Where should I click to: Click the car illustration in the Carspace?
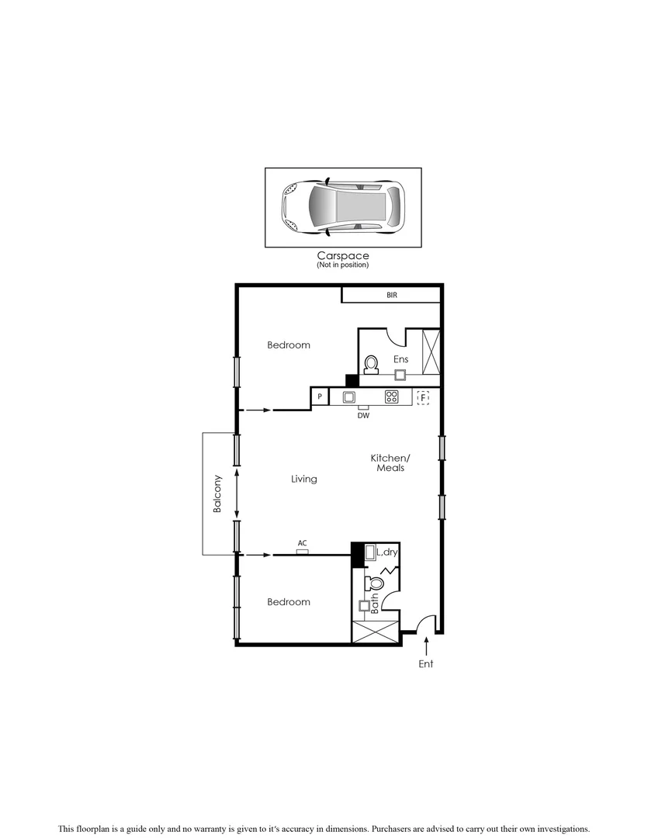[x=343, y=207]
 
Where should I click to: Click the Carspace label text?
[x=342, y=255]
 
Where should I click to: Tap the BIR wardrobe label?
[x=392, y=296]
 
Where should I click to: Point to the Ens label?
[x=400, y=359]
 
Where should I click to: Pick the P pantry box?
[x=320, y=397]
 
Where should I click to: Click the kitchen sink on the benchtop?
[x=349, y=396]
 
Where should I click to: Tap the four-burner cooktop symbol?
[x=392, y=396]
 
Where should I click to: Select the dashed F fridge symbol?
[x=423, y=397]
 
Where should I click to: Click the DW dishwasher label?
[x=363, y=415]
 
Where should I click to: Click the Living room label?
[x=304, y=480]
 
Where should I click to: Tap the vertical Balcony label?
[x=218, y=493]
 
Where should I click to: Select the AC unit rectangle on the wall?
[x=303, y=552]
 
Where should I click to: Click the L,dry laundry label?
[x=386, y=552]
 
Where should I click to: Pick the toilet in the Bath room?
[x=376, y=583]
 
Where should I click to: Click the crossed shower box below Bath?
[x=376, y=631]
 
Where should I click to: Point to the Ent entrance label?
[x=426, y=664]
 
